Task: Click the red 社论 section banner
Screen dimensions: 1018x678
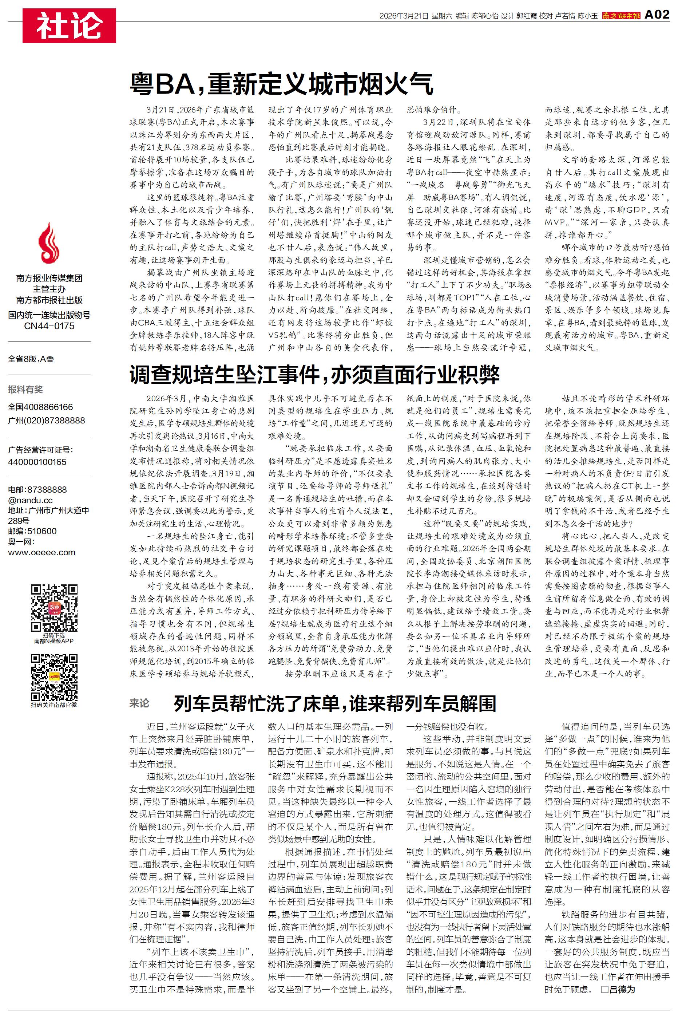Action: [x=69, y=26]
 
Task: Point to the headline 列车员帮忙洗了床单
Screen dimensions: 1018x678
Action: [x=335, y=703]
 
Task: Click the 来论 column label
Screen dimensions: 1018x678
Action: [x=139, y=703]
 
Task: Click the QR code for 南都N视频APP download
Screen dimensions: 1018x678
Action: [x=54, y=608]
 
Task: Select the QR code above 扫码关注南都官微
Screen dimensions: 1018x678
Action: [x=54, y=677]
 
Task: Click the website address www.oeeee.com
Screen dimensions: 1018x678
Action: [x=41, y=552]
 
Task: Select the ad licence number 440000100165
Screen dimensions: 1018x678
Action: [x=37, y=462]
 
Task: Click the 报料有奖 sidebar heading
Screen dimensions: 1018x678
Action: [x=25, y=390]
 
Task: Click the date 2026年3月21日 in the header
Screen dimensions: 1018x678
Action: [x=404, y=16]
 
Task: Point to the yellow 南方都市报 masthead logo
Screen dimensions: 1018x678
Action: [x=621, y=16]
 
